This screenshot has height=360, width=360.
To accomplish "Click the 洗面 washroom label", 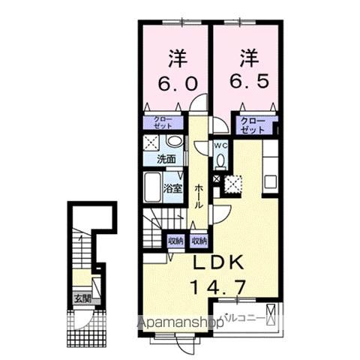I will [x=166, y=159].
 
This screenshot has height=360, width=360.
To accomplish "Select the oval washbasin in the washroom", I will [x=174, y=142].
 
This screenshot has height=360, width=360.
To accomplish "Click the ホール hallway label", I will [x=199, y=195].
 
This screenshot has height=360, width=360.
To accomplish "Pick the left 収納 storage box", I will [x=174, y=241].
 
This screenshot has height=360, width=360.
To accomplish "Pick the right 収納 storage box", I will [x=198, y=241].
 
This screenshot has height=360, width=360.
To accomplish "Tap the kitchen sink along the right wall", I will [x=271, y=182].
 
